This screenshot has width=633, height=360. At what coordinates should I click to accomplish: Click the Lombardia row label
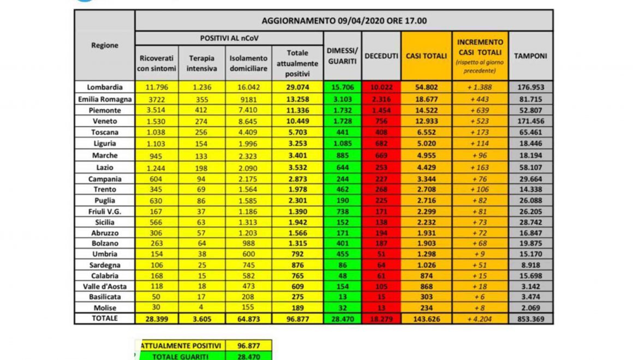point(104,87)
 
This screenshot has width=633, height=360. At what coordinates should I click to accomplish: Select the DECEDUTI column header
point(381,56)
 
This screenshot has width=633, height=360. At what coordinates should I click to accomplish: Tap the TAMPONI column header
point(530,56)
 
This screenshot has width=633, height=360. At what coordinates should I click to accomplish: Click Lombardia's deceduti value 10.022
point(381,87)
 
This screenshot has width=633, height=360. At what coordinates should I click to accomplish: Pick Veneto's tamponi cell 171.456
point(530,121)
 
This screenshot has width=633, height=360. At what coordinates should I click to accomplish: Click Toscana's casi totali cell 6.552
point(426,131)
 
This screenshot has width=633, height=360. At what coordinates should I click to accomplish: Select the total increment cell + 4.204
point(480,319)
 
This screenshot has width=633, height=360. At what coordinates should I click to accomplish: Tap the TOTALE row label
point(104,319)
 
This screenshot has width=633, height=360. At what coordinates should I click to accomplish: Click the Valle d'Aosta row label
point(104,286)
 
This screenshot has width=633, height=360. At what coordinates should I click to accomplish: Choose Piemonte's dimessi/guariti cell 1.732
point(342,109)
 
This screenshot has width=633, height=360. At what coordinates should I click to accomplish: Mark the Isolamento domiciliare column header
point(248,63)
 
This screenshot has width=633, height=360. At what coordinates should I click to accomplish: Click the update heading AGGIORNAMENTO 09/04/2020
point(344,21)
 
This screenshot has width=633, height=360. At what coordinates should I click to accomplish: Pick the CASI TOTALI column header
point(426,56)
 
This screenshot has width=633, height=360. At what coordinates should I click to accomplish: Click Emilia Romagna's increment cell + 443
point(480,98)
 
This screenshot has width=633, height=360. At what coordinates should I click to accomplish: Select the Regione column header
point(104,46)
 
